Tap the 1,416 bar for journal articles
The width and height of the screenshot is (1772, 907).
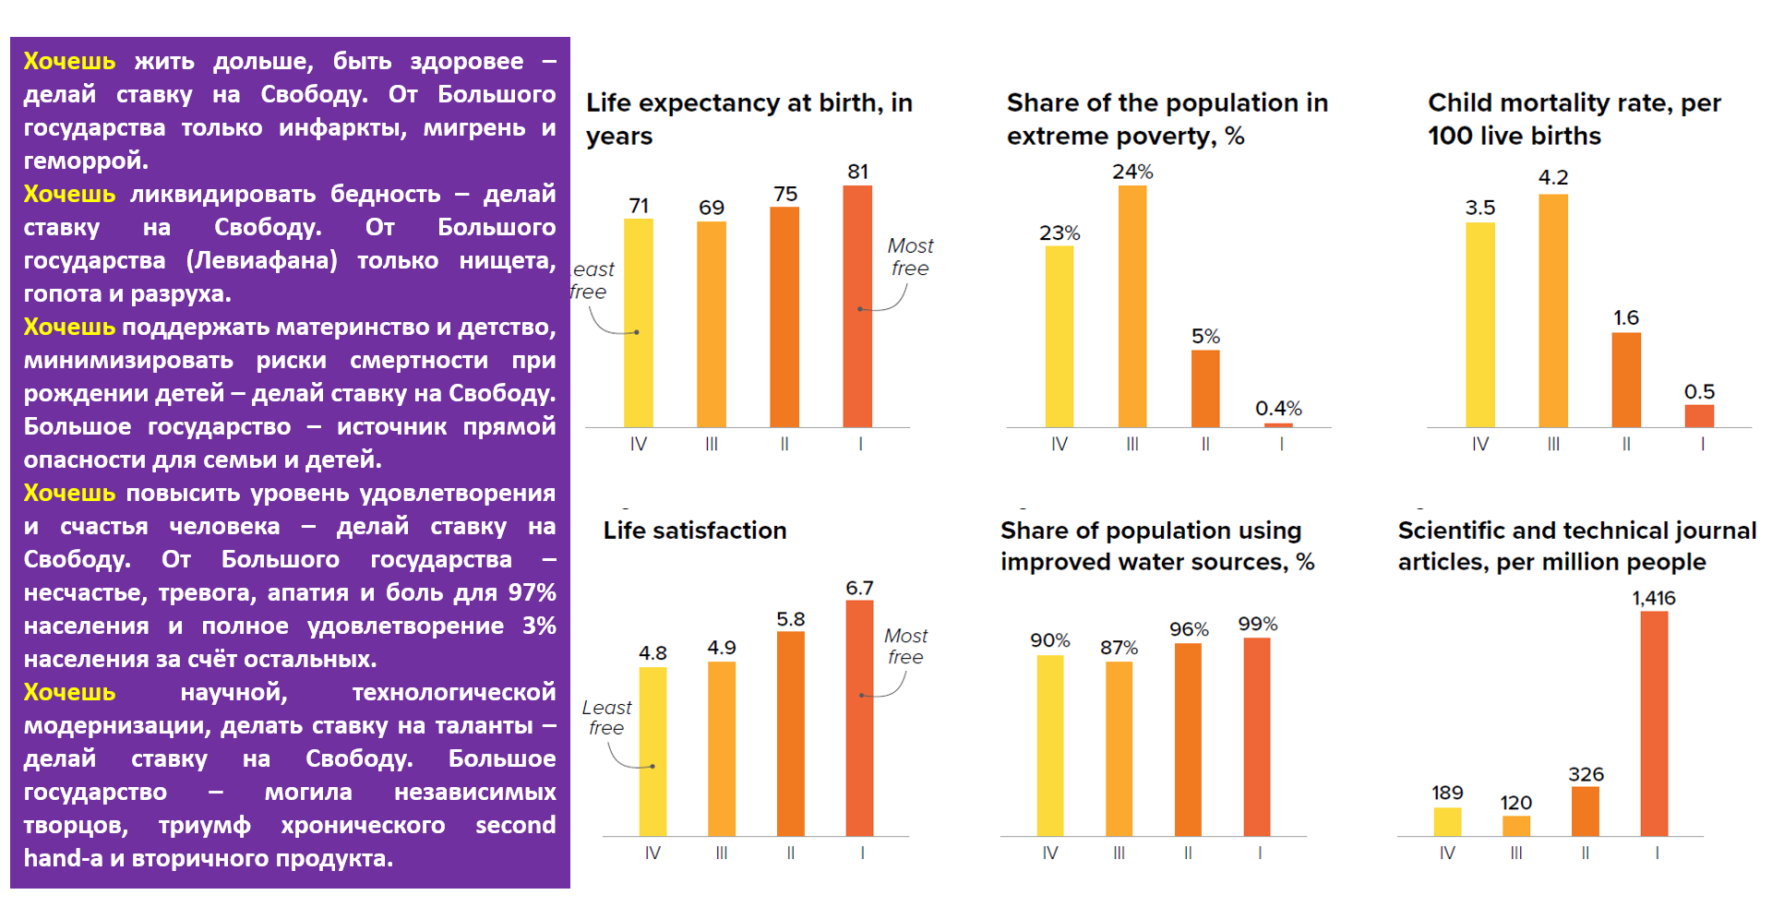[1654, 723]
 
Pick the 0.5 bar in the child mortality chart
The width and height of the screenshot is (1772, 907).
[1699, 416]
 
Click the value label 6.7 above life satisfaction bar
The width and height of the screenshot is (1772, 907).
[859, 588]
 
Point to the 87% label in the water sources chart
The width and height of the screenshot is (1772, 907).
[1119, 648]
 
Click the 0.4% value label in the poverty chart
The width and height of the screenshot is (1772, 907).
[1278, 408]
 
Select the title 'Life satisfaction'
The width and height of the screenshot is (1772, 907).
[695, 531]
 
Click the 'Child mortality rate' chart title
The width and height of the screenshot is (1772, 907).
[1574, 119]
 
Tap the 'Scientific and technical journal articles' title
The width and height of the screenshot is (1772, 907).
[1576, 546]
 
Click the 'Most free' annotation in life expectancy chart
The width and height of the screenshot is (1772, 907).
[910, 257]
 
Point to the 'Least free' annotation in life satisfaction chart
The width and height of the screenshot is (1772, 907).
[606, 718]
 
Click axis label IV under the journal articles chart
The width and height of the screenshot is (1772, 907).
[1447, 853]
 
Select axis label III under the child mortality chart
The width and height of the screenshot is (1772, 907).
[1553, 444]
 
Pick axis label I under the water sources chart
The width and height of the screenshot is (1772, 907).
[1260, 853]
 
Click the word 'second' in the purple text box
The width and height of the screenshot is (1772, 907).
[515, 825]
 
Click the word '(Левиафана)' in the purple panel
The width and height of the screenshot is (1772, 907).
[262, 260]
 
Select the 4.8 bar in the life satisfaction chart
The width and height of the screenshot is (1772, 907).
[653, 751]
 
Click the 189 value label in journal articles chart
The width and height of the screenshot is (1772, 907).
[1447, 793]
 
